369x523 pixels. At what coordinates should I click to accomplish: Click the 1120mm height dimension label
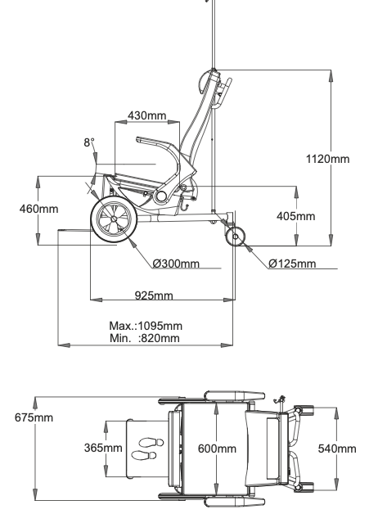click(327, 159)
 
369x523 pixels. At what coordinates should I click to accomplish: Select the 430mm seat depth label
click(147, 115)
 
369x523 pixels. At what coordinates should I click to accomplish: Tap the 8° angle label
click(89, 142)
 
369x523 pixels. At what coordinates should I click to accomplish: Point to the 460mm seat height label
click(38, 210)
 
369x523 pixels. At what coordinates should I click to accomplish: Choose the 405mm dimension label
click(296, 216)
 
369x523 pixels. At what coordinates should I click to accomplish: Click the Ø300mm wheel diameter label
click(176, 264)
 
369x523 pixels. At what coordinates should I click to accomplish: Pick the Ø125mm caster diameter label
click(292, 264)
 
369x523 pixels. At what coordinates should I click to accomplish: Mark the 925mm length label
click(154, 295)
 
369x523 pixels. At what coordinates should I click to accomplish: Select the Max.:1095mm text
click(146, 326)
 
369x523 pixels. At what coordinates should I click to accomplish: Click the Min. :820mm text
click(145, 338)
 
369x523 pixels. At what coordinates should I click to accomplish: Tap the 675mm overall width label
click(34, 417)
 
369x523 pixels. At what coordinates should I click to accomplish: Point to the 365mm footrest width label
click(103, 448)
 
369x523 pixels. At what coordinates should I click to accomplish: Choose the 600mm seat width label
click(217, 449)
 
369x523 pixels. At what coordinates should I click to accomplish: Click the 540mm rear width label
click(337, 449)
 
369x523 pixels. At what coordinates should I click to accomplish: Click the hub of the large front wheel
click(114, 219)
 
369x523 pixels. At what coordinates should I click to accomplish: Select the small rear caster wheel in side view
click(236, 237)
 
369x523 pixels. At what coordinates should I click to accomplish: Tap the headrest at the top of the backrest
click(204, 83)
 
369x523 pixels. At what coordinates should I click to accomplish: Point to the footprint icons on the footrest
click(147, 449)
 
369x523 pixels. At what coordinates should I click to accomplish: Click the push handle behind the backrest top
click(224, 93)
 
